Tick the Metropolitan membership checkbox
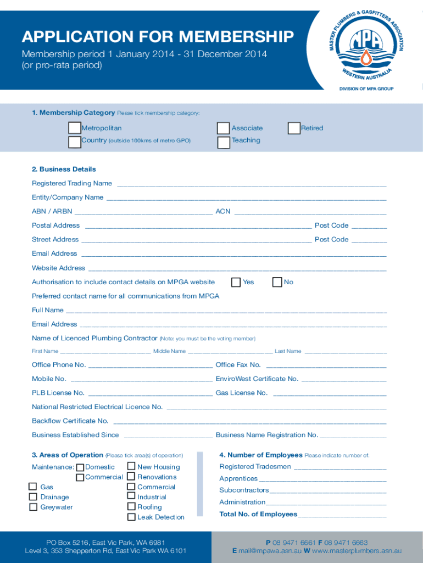click(75, 128)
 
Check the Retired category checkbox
click(294, 128)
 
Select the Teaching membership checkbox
click(223, 142)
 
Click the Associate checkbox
click(223, 128)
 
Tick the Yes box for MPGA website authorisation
click(236, 282)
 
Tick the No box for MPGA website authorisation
click(277, 282)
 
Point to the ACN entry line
click(310, 212)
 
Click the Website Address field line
click(237, 269)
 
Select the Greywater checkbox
click(33, 507)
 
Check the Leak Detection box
click(131, 517)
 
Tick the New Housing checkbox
click(131, 466)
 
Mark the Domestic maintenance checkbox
click(80, 467)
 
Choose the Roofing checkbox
click(131, 506)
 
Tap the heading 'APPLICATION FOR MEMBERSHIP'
click(157, 37)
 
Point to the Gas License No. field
click(329, 394)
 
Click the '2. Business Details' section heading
click(64, 169)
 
